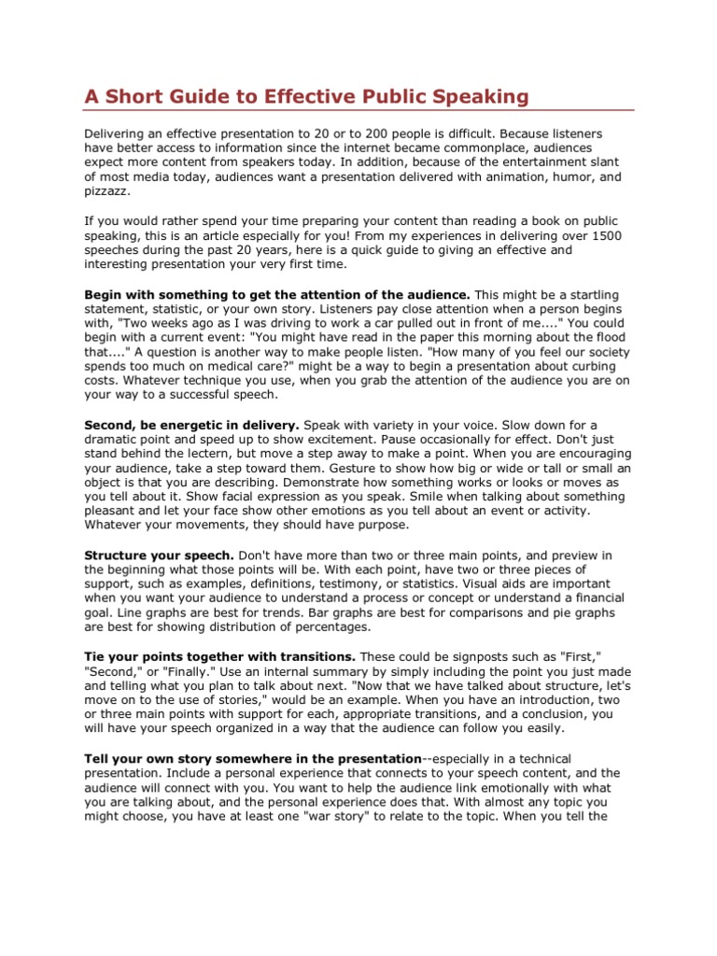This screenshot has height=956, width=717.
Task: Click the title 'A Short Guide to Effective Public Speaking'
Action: tap(307, 96)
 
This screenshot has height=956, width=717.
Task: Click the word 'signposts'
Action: tap(465, 656)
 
